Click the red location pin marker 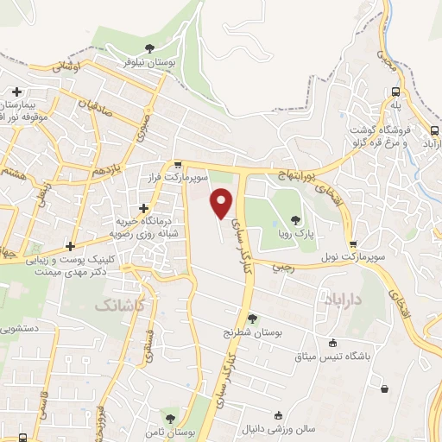click(x=222, y=204)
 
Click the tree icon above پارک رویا click(x=297, y=220)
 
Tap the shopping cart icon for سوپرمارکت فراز click(x=178, y=164)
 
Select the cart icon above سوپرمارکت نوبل click(x=351, y=245)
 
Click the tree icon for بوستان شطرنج click(x=252, y=318)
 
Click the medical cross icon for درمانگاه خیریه click(x=142, y=207)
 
